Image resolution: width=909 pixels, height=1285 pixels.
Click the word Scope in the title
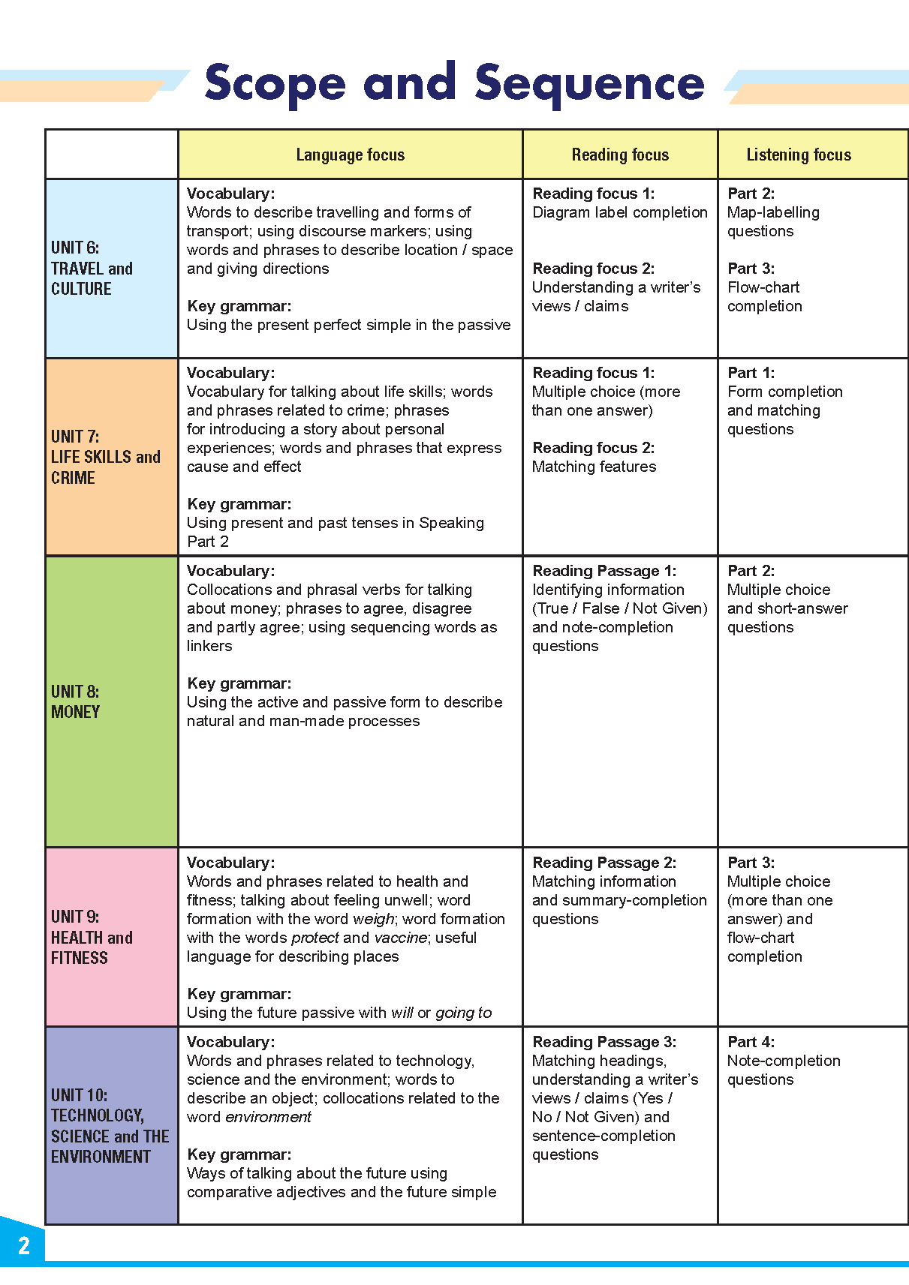(x=275, y=84)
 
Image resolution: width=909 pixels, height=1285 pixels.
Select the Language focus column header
(x=350, y=155)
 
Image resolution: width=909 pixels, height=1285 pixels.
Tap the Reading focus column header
(x=620, y=155)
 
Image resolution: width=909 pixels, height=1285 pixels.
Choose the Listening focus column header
(x=799, y=155)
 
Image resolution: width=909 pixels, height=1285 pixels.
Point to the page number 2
(x=24, y=1246)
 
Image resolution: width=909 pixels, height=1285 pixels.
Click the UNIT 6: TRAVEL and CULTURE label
(x=92, y=269)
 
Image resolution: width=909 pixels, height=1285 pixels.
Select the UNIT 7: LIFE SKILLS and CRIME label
(x=105, y=457)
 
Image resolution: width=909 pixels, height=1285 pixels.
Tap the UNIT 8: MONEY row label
(x=75, y=701)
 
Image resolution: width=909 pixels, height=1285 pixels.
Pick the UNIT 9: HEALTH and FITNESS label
(x=92, y=937)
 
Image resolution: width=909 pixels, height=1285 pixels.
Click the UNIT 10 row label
(x=110, y=1125)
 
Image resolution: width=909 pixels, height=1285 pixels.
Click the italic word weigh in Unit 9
(x=373, y=919)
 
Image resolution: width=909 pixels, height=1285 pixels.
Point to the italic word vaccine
(x=400, y=938)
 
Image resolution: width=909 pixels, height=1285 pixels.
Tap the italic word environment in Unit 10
(x=268, y=1117)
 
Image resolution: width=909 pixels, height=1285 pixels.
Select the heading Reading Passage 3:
(x=604, y=1042)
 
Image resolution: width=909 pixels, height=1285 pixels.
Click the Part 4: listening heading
(x=751, y=1042)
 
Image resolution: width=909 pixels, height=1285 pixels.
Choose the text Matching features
(x=594, y=467)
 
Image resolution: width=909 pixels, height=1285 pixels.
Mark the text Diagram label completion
(x=620, y=212)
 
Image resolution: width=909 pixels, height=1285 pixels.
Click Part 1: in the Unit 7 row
(x=751, y=373)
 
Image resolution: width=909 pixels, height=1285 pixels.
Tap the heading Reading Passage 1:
(x=604, y=571)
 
